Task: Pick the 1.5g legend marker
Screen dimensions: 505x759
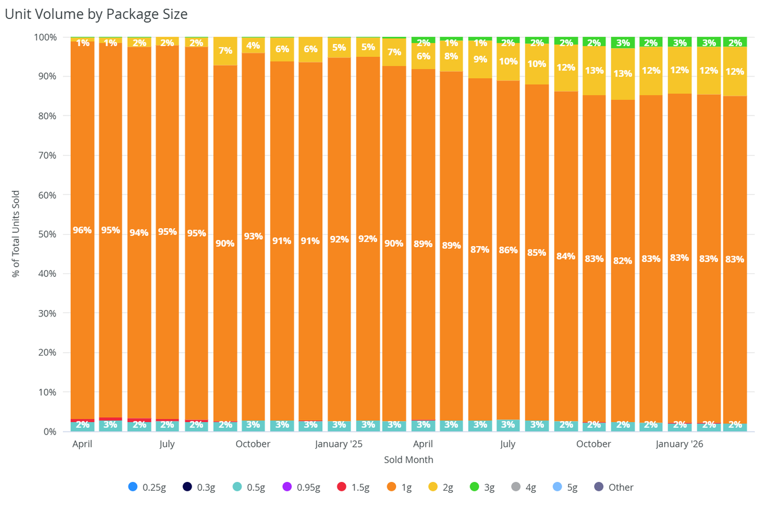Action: (342, 487)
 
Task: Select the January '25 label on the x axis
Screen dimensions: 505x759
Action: (339, 444)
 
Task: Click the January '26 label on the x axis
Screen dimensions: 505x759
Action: (680, 444)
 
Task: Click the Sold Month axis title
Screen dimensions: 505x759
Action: (409, 460)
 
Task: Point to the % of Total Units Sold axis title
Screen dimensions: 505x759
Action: (16, 234)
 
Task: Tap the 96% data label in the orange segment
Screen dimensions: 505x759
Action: (82, 230)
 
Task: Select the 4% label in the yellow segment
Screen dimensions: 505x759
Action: (253, 46)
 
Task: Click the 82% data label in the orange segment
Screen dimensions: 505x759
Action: (623, 260)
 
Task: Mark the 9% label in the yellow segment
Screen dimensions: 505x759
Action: (480, 59)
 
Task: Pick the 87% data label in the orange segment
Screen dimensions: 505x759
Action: (480, 250)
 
